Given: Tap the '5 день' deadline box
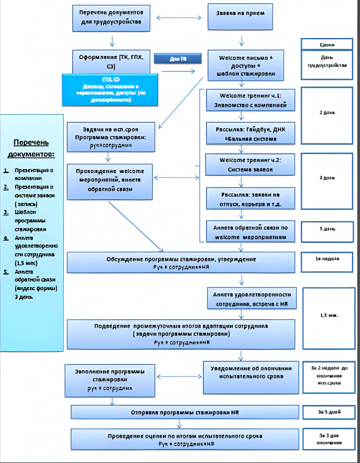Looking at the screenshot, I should pos(327,229).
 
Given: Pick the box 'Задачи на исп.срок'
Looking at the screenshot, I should pos(111,137).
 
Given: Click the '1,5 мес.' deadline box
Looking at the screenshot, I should pos(327,314).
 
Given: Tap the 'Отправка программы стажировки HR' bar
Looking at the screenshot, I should pos(185,412).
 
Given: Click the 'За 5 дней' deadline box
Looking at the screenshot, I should pos(327,412).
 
